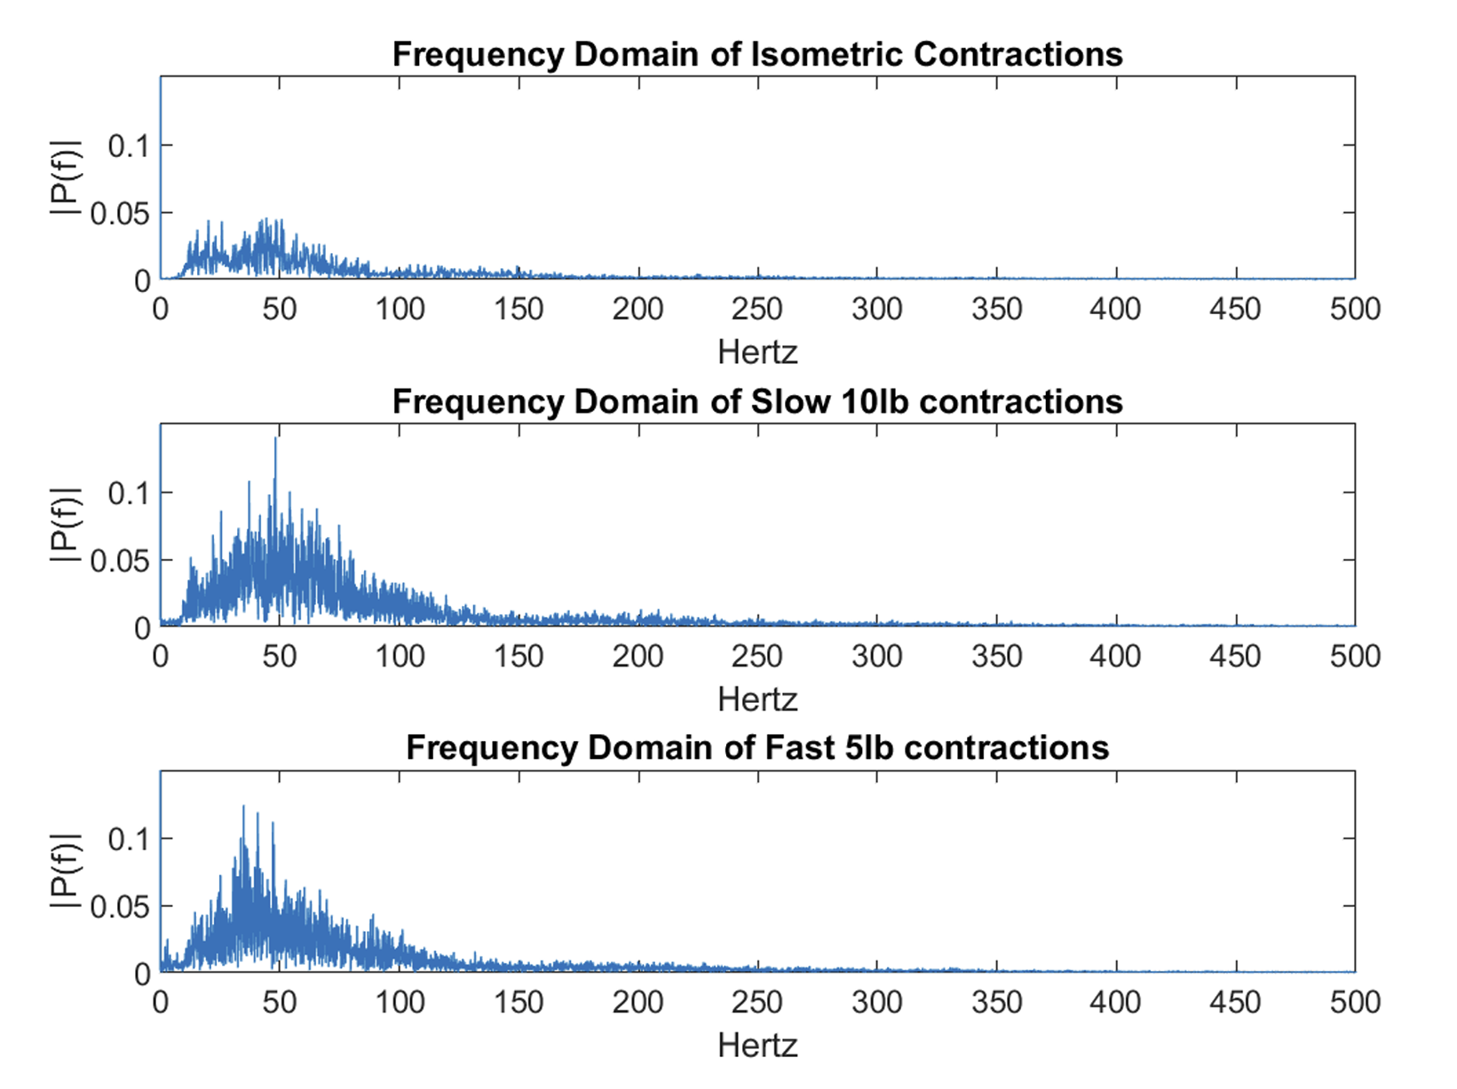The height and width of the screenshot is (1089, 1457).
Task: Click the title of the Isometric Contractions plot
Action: [757, 54]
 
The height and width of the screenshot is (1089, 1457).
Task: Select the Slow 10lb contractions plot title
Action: [757, 402]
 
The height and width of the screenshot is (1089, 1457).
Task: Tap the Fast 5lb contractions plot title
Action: [757, 748]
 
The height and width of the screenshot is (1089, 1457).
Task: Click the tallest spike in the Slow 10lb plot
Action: [275, 439]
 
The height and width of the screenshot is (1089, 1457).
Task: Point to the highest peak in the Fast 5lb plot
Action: [243, 808]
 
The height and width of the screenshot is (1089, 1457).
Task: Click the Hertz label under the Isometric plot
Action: [757, 352]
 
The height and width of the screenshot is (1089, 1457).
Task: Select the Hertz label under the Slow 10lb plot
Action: [757, 699]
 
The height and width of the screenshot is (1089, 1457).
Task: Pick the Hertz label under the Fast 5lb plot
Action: [757, 1046]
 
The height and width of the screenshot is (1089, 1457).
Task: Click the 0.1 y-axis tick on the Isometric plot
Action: [129, 146]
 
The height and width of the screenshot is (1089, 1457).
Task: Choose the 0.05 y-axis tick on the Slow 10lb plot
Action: [120, 561]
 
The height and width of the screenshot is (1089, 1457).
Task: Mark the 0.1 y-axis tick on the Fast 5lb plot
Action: [129, 839]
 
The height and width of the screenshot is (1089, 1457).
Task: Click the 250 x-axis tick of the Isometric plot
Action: [757, 310]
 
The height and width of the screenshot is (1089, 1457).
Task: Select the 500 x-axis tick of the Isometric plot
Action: [1355, 310]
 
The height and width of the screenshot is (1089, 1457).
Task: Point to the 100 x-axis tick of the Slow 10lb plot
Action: [400, 657]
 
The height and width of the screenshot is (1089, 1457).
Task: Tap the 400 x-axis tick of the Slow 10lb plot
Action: [1116, 657]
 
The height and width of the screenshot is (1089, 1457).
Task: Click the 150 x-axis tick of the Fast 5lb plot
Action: [519, 1003]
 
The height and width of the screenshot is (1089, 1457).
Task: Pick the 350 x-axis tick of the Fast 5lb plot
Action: [996, 1003]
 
